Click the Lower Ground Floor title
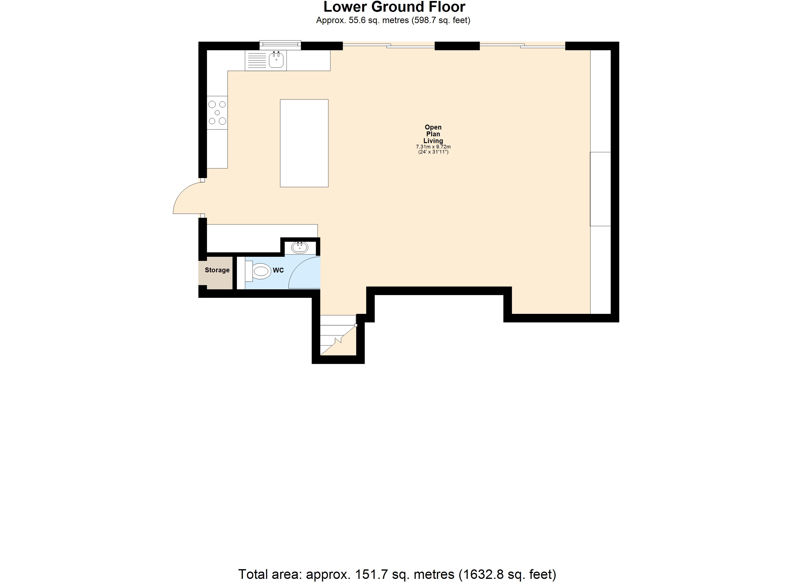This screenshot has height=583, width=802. (394, 7)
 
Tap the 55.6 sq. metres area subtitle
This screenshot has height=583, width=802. (393, 20)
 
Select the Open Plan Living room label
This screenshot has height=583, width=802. (433, 134)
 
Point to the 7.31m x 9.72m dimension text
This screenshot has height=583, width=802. (433, 147)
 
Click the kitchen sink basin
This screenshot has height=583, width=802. (276, 60)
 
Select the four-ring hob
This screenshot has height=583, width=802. (217, 113)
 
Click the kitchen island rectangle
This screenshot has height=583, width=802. (304, 143)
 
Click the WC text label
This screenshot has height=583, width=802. (278, 270)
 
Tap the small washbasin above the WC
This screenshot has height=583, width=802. (300, 247)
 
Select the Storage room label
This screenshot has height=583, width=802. (217, 270)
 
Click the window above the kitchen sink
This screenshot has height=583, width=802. (280, 44)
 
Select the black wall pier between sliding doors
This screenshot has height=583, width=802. (457, 46)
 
